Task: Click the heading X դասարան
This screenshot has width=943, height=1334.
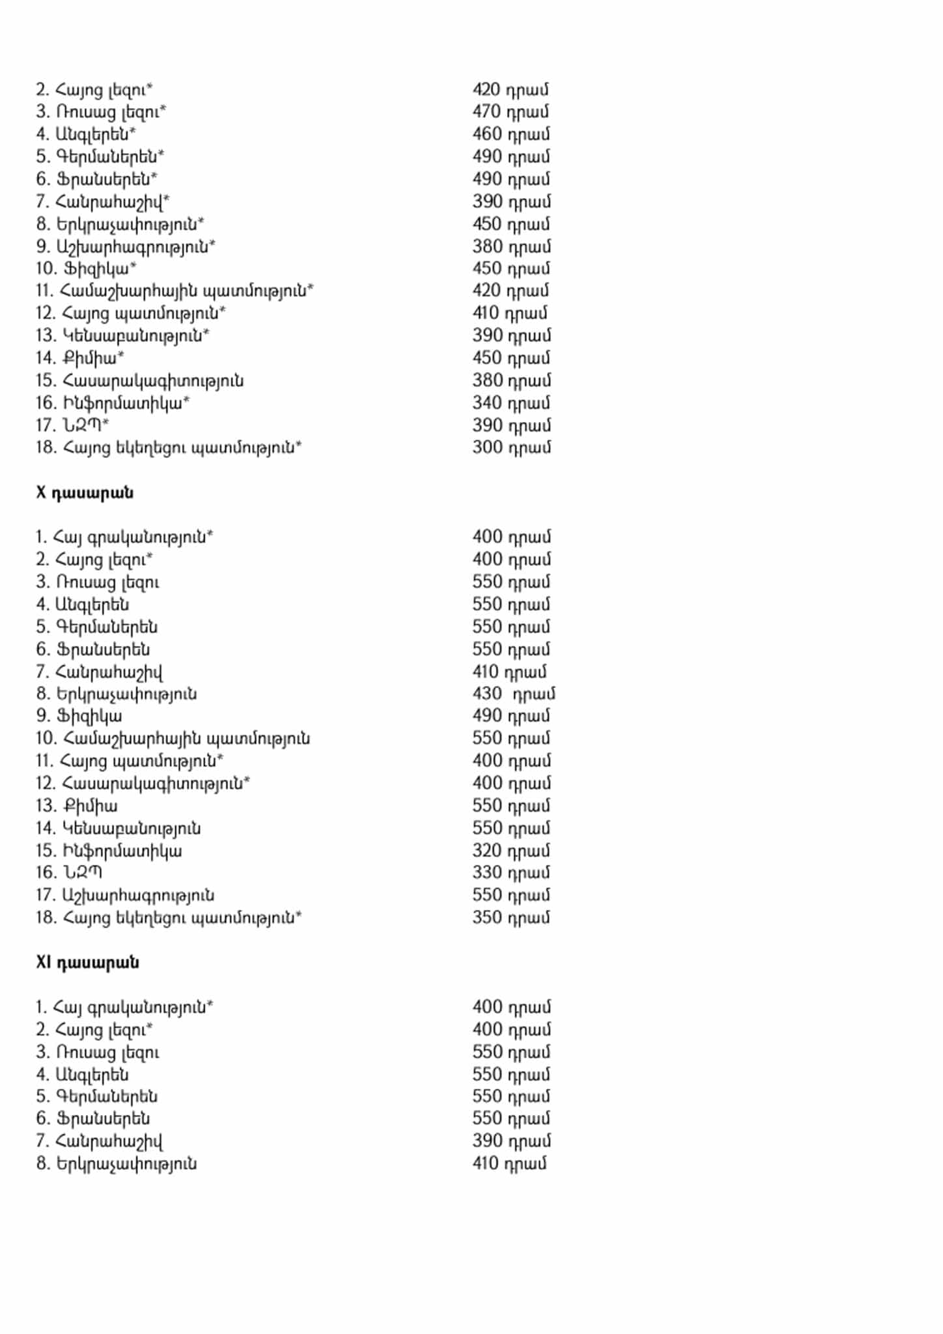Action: (x=85, y=492)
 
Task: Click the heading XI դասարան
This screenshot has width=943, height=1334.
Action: (x=87, y=963)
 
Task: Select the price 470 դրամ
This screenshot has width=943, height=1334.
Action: (x=511, y=112)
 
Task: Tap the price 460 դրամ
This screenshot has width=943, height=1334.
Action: (x=511, y=134)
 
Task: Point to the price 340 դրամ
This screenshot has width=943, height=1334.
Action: (x=511, y=403)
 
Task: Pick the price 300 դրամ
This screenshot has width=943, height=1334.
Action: (x=511, y=447)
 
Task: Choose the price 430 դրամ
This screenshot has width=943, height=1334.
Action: (x=513, y=694)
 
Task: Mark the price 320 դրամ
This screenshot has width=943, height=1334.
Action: (x=511, y=851)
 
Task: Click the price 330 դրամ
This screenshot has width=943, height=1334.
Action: (x=511, y=873)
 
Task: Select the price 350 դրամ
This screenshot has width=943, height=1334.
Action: (x=511, y=918)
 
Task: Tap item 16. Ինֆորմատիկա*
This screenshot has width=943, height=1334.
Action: (x=113, y=403)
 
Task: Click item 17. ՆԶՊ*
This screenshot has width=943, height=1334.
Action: (x=72, y=425)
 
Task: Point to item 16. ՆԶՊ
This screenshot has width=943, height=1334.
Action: (x=69, y=873)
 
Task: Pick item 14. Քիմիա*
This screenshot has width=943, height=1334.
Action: (x=79, y=358)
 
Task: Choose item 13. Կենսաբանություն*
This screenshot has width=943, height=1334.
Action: (x=122, y=336)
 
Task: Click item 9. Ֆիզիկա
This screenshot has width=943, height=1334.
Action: (x=79, y=717)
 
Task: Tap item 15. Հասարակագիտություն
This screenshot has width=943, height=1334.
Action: (x=139, y=381)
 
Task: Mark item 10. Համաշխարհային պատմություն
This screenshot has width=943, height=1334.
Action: (x=173, y=739)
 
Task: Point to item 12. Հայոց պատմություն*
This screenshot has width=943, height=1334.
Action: (x=130, y=313)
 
